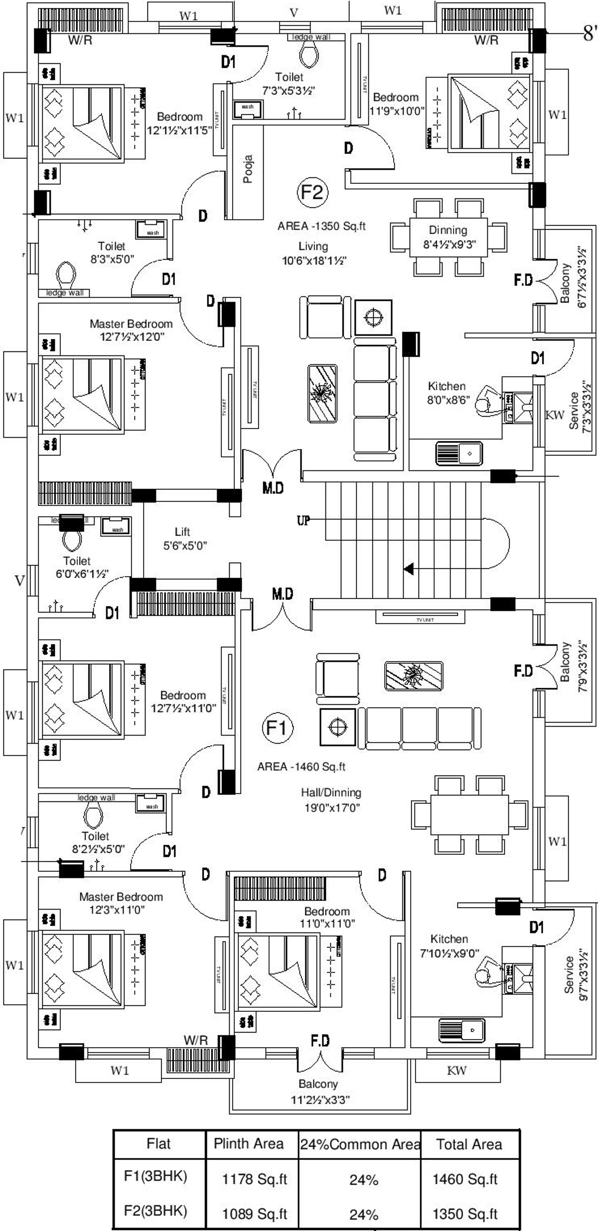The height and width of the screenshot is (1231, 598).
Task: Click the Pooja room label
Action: [248, 169]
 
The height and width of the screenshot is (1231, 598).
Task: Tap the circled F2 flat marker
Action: [312, 192]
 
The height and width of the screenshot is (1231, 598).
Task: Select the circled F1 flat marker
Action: [278, 728]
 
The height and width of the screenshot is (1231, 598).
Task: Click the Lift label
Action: [182, 532]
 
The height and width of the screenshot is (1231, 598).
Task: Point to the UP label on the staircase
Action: [303, 520]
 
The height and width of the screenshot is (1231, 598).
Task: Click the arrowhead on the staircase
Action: [409, 569]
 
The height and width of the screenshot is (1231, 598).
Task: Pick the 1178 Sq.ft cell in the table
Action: [254, 1179]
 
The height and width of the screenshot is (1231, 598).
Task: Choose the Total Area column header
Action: [469, 1144]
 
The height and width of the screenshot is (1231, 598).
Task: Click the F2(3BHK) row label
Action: [155, 1211]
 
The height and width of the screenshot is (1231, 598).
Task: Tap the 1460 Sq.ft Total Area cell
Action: [465, 1179]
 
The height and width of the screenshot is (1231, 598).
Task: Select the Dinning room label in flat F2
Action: [448, 230]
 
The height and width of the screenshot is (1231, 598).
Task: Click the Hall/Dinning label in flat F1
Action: [331, 792]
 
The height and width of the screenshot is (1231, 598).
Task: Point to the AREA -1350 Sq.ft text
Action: [321, 226]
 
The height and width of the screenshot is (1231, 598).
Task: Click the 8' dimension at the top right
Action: [590, 34]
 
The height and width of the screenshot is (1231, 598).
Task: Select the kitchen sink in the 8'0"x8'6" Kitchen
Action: [459, 454]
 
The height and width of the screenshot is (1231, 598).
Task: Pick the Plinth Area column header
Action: [249, 1144]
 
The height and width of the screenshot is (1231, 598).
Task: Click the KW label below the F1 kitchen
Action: [456, 1070]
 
